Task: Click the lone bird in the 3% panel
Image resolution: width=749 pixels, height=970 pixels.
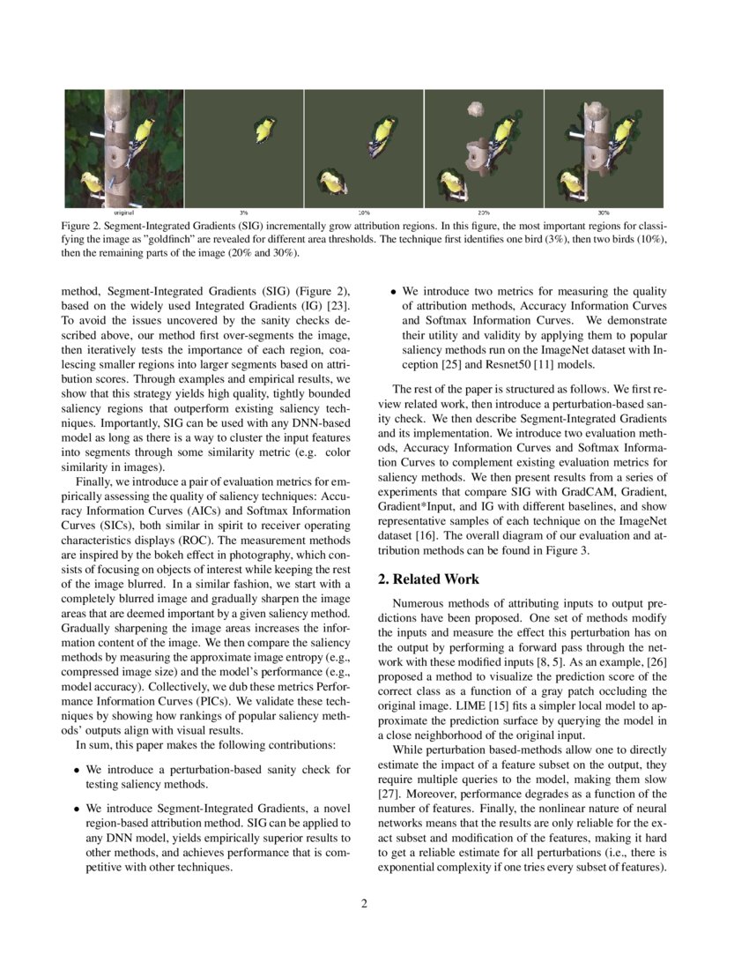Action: click(x=263, y=131)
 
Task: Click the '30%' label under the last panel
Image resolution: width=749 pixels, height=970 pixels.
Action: click(x=603, y=213)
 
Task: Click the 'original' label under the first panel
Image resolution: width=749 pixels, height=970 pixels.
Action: click(x=123, y=213)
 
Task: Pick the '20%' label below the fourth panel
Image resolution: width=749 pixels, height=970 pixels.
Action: click(x=483, y=213)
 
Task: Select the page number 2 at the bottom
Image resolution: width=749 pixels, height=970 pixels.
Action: click(x=364, y=903)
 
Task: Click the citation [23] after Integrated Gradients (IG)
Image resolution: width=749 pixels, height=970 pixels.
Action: click(x=340, y=306)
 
